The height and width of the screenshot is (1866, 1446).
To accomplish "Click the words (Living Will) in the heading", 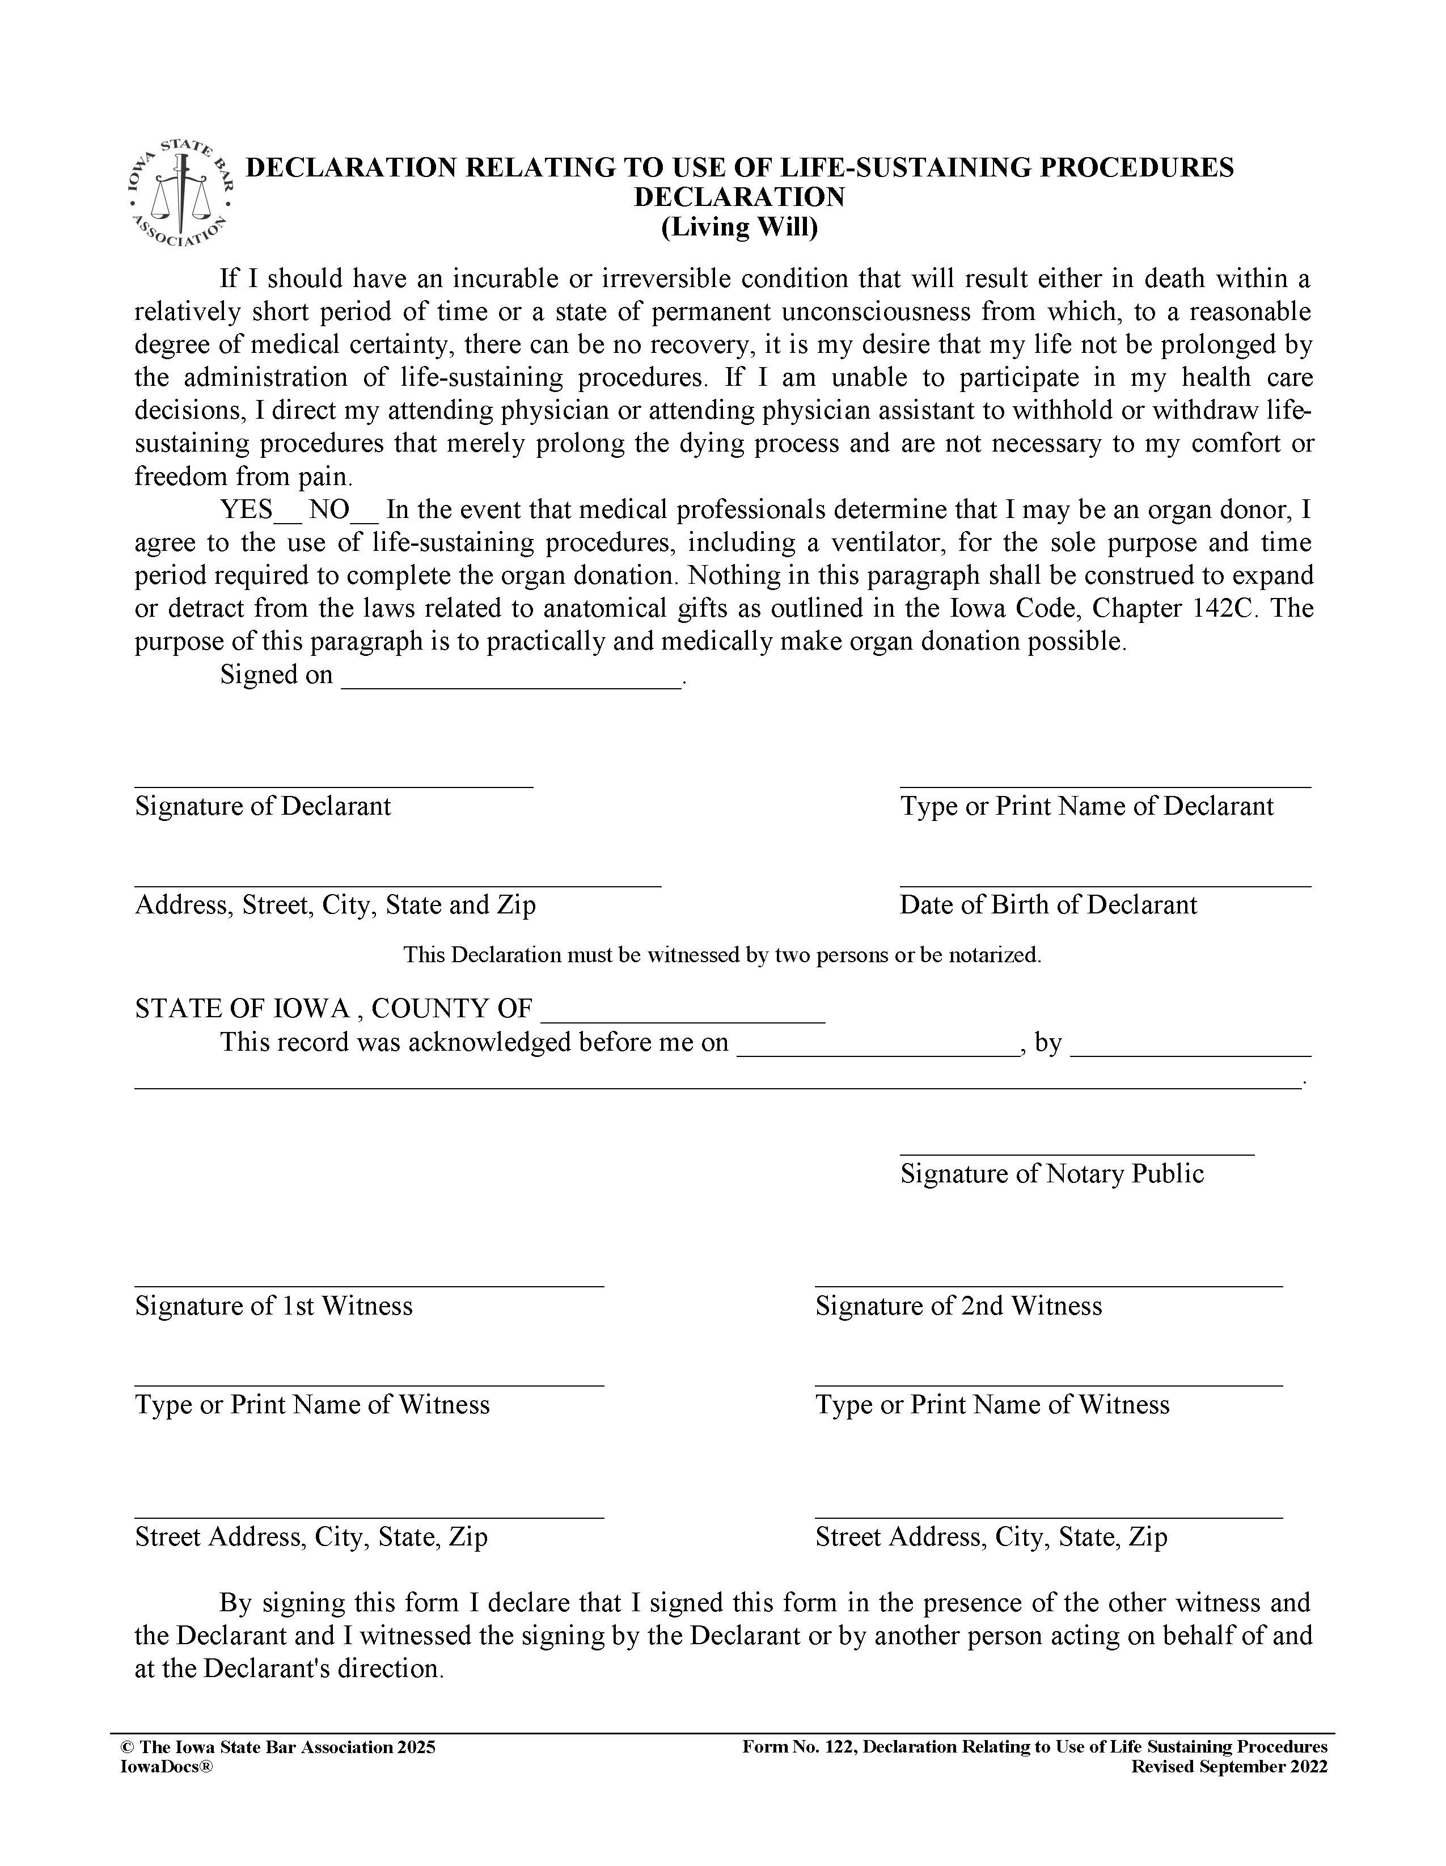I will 739,228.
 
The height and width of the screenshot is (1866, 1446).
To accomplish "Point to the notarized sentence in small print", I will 722,955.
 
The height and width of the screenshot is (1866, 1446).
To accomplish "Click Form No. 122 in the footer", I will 800,1747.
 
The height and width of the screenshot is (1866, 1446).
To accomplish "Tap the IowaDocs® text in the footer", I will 167,1767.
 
